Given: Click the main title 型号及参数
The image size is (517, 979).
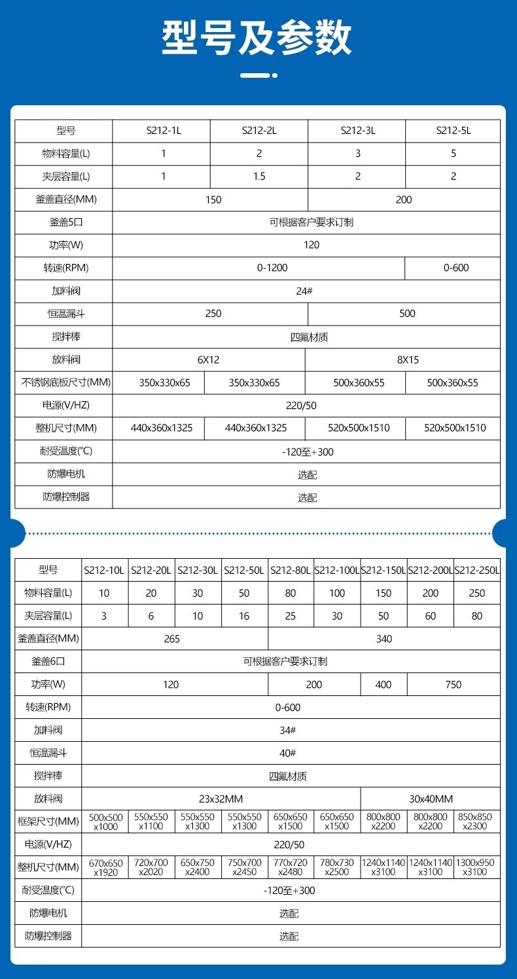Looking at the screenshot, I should pos(258,38).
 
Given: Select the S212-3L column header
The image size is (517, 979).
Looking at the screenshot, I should pos(357,131).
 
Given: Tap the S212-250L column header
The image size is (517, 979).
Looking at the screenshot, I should pos(477,571).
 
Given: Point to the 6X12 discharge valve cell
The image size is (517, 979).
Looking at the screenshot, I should pos(208,359).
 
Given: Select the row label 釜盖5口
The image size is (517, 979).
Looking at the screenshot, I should pos(63,222).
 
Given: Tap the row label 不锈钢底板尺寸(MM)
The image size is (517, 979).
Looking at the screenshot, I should pos(63,382).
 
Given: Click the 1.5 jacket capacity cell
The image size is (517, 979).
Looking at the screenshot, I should pos(259,176).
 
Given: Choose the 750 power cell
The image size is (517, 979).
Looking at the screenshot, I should pos(453,685).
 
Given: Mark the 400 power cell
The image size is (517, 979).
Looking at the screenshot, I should pos(383,685).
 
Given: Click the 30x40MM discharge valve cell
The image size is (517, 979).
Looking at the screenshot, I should pos(431,799).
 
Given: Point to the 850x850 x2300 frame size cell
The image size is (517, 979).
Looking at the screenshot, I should pos(476,821).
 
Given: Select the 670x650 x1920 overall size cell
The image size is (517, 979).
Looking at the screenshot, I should pos(105,867).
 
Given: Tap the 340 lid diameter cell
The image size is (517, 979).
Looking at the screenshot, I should pos(384,639).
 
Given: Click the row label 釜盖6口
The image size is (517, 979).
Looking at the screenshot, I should pos(48,662).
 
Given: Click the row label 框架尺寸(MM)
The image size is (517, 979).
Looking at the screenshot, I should pos(48,821).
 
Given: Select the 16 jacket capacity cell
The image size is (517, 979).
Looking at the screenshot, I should pos(244,616).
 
